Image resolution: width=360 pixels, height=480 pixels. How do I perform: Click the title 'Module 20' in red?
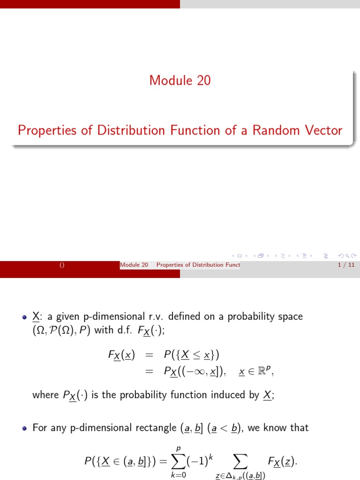[180, 81]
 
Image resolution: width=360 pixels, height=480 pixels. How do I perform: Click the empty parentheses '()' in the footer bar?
[61, 265]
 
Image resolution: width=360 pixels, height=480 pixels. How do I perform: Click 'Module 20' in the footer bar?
[134, 265]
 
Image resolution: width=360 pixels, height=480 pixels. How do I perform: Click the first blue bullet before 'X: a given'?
[25, 317]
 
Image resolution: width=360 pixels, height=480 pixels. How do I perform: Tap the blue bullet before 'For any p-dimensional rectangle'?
[25, 428]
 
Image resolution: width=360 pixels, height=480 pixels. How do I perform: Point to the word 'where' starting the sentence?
[45, 395]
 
